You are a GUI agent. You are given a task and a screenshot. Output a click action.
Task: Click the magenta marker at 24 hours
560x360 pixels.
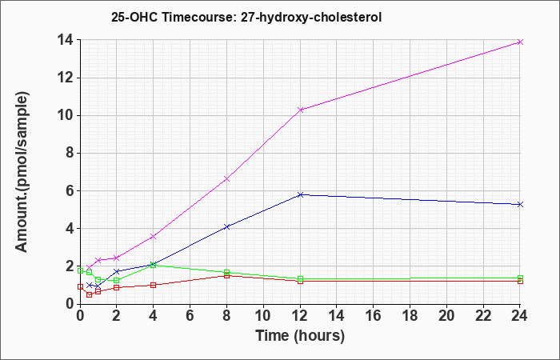(520, 42)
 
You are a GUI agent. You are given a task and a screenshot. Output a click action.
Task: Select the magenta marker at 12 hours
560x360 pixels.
(300, 110)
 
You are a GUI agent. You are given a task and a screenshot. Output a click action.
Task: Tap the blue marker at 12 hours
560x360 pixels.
(300, 194)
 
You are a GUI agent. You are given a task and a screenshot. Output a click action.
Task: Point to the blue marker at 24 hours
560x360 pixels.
(520, 204)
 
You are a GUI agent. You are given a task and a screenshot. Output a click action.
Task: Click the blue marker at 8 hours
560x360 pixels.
(226, 226)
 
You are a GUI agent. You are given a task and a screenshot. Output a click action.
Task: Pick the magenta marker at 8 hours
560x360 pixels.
(226, 178)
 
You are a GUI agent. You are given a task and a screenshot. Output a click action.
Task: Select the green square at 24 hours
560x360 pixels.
(520, 278)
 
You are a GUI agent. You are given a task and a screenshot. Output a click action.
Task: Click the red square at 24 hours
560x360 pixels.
(520, 281)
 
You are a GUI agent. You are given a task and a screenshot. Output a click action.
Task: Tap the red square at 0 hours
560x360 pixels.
(80, 286)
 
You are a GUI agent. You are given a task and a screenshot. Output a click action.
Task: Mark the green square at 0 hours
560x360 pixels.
(80, 270)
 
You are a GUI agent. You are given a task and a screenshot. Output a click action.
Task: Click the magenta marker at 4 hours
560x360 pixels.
(154, 237)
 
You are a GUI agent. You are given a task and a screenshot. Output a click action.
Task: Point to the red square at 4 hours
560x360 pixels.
(154, 285)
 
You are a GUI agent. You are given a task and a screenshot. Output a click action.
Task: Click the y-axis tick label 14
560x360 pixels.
(66, 40)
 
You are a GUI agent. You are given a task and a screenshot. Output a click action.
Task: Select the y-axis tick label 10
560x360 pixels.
(66, 116)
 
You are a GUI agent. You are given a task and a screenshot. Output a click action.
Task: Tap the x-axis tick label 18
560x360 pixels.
(410, 316)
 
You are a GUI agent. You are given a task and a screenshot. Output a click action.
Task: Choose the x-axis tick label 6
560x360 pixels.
(190, 316)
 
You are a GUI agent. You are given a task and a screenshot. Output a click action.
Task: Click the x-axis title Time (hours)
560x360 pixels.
(300, 336)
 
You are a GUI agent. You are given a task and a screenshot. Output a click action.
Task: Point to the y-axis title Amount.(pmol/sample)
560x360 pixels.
(22, 172)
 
